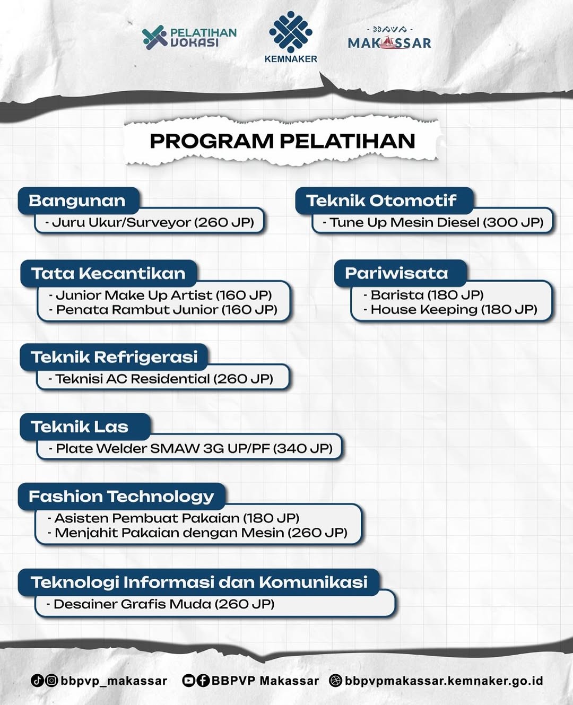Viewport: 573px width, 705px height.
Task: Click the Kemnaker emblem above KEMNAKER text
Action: click(x=291, y=32)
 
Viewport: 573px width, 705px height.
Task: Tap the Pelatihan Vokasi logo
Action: click(x=189, y=38)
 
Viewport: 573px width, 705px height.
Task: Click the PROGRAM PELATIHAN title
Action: click(x=282, y=141)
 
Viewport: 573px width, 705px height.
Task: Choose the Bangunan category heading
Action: click(x=77, y=201)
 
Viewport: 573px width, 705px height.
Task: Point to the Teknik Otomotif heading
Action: click(x=381, y=201)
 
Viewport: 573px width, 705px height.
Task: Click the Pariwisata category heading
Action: click(x=396, y=273)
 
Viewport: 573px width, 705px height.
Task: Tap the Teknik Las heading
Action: click(x=80, y=427)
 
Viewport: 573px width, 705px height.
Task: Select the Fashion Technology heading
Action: click(x=121, y=497)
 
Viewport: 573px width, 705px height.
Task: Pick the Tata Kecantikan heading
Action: click(x=108, y=273)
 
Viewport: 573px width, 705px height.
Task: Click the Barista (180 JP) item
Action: click(x=423, y=295)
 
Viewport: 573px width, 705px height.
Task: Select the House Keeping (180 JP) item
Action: click(x=450, y=310)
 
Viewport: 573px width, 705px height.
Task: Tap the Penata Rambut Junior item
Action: click(x=163, y=310)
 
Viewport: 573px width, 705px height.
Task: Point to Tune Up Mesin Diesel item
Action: click(x=433, y=222)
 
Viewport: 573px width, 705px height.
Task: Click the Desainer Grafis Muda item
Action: click(x=161, y=604)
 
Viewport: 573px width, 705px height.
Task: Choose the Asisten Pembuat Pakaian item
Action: click(x=173, y=518)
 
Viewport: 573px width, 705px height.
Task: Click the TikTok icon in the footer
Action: click(x=37, y=681)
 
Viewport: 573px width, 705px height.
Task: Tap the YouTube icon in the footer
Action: click(x=188, y=681)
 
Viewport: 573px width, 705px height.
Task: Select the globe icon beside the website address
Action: click(x=335, y=681)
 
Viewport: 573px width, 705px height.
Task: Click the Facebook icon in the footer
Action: click(x=203, y=681)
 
